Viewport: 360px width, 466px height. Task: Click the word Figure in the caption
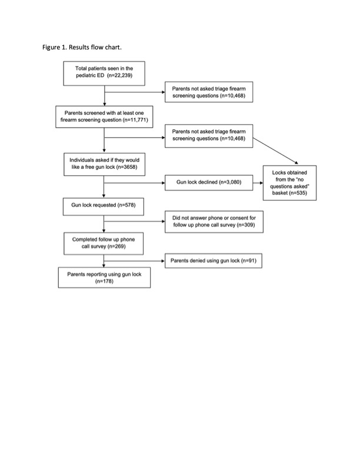[51, 47]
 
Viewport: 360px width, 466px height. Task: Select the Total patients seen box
[104, 74]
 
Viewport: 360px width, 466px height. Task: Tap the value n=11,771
[135, 120]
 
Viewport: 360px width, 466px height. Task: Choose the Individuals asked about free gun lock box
[104, 164]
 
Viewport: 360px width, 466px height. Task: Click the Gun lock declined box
[209, 182]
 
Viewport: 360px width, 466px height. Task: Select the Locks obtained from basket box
[289, 183]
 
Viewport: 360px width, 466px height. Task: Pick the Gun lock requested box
[104, 207]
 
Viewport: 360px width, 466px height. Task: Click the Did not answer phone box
[214, 222]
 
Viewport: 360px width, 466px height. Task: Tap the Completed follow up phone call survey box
[104, 244]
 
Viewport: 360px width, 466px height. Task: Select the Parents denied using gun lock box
[214, 261]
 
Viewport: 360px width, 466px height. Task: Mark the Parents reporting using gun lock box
[104, 278]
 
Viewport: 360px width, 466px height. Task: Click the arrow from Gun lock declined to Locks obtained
[258, 183]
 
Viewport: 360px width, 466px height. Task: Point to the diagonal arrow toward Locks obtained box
[275, 151]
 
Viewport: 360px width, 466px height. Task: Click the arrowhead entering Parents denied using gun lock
[163, 261]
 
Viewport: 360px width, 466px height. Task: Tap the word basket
[280, 193]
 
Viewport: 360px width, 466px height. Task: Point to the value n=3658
[126, 167]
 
